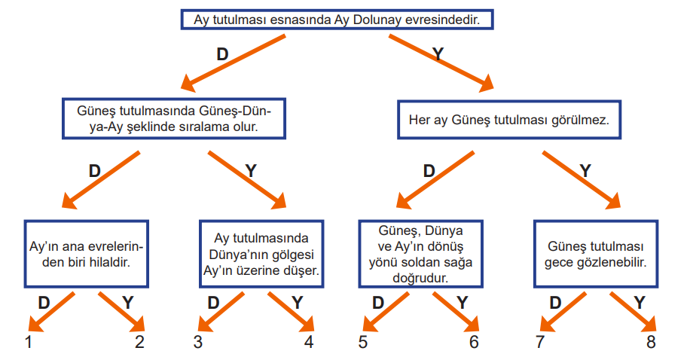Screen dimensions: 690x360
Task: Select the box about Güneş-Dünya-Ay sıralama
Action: tap(174, 119)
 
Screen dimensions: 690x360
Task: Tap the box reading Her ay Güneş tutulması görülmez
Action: tap(509, 120)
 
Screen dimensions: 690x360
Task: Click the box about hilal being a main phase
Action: tap(86, 254)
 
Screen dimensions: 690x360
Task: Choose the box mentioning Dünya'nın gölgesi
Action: tap(261, 254)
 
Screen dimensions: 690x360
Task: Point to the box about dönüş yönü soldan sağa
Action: tap(420, 254)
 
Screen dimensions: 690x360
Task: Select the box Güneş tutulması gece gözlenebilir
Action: tap(596, 254)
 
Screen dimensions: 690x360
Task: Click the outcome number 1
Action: tap(29, 342)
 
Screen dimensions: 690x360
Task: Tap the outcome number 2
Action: tap(139, 342)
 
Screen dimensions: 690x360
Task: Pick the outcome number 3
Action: tap(198, 342)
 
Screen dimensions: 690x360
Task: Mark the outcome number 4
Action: tap(309, 342)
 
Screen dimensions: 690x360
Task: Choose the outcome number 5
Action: tap(362, 342)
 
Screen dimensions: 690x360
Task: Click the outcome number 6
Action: tap(474, 342)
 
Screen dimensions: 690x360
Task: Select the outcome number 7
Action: tap(540, 342)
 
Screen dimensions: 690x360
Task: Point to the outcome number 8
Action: tap(651, 342)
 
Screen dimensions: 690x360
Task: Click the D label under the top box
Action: tap(223, 54)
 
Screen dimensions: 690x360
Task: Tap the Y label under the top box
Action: tap(438, 54)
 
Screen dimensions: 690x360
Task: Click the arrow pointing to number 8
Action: tap(633, 312)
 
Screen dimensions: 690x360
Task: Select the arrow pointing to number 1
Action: tap(51, 312)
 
